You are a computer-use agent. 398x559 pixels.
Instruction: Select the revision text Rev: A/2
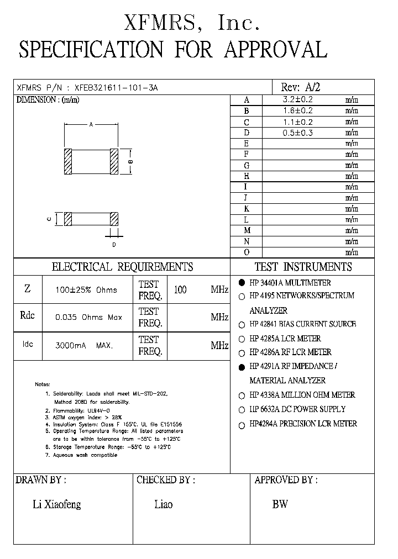(301, 87)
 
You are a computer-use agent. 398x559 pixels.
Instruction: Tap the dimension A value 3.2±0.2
(297, 100)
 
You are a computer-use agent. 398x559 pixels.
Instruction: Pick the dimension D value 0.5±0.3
(297, 133)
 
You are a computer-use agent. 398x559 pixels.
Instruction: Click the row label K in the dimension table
(247, 209)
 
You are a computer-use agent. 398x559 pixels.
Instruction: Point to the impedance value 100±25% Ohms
(86, 290)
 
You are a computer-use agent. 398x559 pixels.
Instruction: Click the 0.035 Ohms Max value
(88, 318)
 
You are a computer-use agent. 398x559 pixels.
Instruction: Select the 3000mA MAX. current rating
(84, 346)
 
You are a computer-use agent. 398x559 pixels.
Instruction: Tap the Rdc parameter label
(28, 315)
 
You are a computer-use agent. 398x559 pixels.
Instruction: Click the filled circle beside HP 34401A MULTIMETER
(242, 282)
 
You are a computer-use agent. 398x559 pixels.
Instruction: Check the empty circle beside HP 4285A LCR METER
(242, 339)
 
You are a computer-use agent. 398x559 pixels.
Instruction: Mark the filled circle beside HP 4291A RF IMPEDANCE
(242, 366)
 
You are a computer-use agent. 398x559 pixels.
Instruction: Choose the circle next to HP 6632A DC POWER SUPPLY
(242, 410)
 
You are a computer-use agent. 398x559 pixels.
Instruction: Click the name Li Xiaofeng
(57, 504)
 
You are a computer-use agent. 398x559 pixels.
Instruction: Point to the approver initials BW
(280, 504)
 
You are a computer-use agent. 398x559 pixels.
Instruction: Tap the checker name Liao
(163, 504)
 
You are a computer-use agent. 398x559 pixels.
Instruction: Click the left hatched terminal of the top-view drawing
(68, 162)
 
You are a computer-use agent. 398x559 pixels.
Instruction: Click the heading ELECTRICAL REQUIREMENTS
(122, 267)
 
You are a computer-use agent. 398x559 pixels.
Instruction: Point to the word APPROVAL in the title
(276, 50)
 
